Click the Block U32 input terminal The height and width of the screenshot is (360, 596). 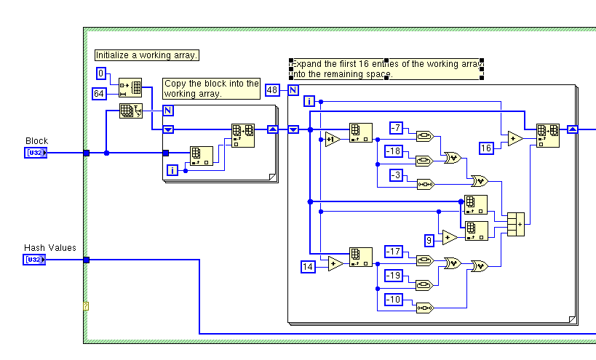[x=36, y=153]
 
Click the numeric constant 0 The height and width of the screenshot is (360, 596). [x=102, y=73]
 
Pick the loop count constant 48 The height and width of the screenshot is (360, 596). [x=273, y=90]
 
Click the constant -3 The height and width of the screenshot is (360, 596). [x=395, y=175]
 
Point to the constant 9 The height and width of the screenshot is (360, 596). [x=429, y=239]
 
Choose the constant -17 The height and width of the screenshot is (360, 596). [x=394, y=252]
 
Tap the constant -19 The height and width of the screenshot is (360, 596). [x=394, y=276]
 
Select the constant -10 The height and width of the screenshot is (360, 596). [x=394, y=299]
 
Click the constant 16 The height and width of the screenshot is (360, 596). [x=487, y=148]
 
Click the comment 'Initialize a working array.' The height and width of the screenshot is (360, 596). [x=147, y=55]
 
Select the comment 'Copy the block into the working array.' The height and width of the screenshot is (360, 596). [x=211, y=89]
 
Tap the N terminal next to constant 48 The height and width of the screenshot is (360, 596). [x=292, y=90]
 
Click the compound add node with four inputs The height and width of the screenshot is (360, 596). [x=515, y=224]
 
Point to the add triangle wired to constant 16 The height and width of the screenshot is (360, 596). [x=515, y=139]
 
